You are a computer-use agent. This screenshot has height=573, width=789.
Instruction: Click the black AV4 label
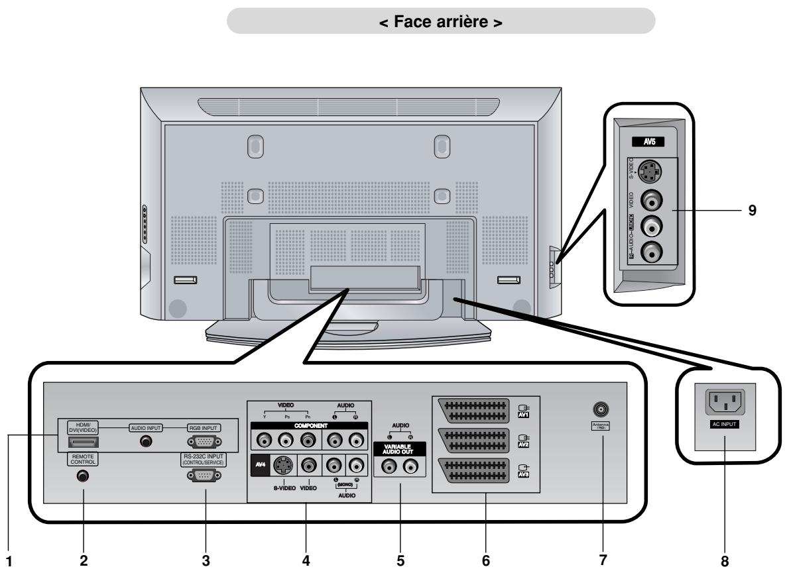coord(260,466)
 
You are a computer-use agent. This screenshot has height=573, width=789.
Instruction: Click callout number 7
coord(603,560)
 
